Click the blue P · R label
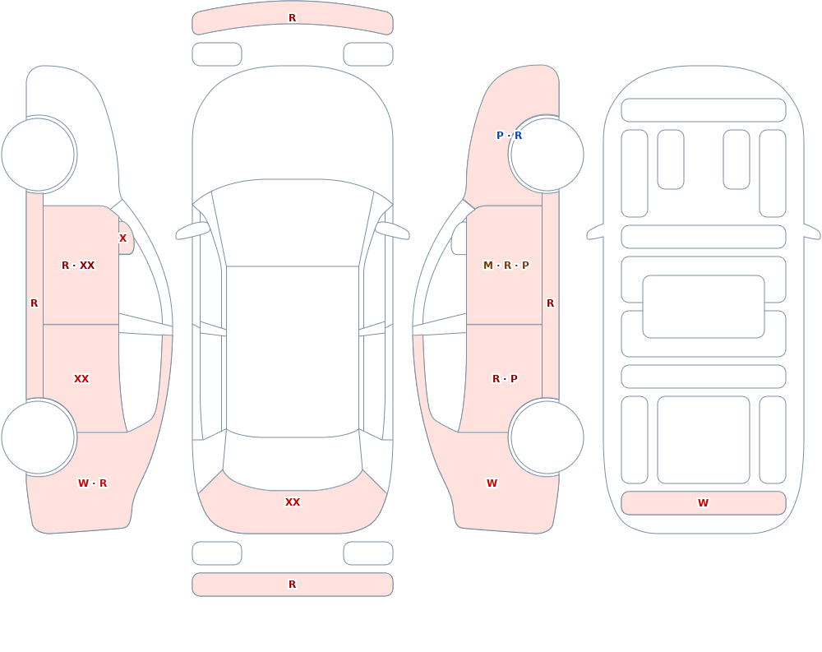click(x=509, y=136)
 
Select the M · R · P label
click(x=506, y=266)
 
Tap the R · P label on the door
click(x=505, y=379)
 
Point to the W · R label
click(x=92, y=483)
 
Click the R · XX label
click(x=78, y=266)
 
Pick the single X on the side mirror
click(x=122, y=238)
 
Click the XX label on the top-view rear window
click(x=293, y=502)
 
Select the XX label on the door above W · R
click(x=81, y=379)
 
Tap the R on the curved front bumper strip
click(x=293, y=18)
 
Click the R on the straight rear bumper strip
click(x=293, y=585)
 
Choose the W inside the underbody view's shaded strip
click(x=703, y=503)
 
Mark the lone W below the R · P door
click(x=492, y=483)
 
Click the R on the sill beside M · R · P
click(x=551, y=303)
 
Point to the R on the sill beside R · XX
click(x=34, y=303)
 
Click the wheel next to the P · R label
click(x=547, y=155)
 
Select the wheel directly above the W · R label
click(x=38, y=437)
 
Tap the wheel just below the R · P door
click(x=547, y=437)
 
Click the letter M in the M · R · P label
click(x=488, y=266)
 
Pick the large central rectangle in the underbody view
click(x=704, y=307)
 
